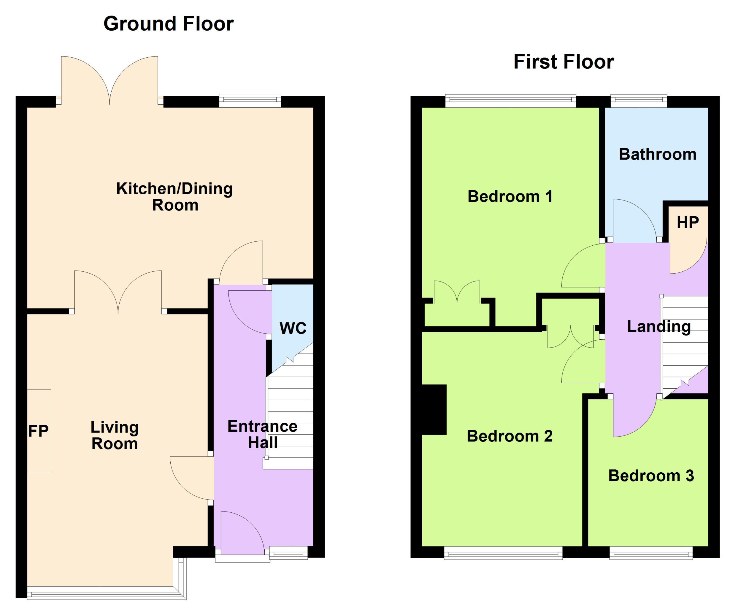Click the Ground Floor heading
tap(169, 24)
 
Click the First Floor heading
tap(564, 62)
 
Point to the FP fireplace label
tap(38, 431)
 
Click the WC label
tap(293, 328)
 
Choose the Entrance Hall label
tap(263, 434)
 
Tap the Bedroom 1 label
tap(510, 196)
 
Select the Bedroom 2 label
tap(510, 436)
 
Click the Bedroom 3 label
tap(651, 476)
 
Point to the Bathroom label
tap(658, 154)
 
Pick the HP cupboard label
tap(688, 222)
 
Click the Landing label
tap(659, 327)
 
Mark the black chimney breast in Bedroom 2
tap(434, 409)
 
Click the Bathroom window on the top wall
tap(639, 101)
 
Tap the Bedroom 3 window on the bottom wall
tap(651, 553)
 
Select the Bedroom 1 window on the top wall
tap(511, 101)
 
